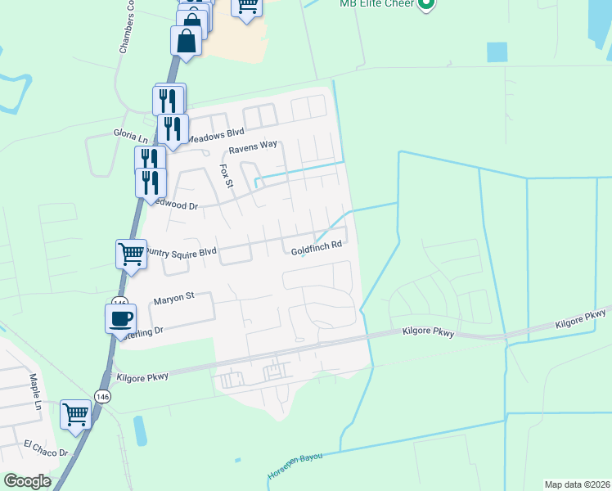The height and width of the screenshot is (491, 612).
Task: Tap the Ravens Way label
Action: coord(253,147)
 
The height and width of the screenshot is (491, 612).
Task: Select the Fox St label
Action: coord(227,176)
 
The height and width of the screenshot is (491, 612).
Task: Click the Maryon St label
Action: coord(173,301)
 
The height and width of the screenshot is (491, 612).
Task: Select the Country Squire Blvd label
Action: coord(182,253)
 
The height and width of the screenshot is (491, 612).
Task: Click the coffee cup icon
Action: coord(120,317)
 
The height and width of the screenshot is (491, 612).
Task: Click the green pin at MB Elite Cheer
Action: coord(425,5)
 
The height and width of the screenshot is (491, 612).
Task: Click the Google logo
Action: coord(28,481)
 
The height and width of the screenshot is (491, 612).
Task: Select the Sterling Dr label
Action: coord(143,331)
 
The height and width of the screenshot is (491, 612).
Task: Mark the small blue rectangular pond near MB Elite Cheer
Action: coord(497,52)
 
